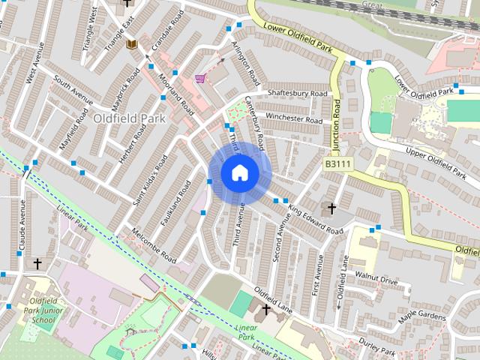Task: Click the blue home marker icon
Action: point(239,173)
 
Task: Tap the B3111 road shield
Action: point(340,163)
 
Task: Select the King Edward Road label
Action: point(315,220)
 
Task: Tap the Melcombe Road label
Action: point(153,247)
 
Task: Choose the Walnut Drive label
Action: point(378,280)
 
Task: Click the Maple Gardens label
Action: point(422,315)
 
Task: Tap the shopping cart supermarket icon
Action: point(200,78)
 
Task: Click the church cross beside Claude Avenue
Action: point(37,264)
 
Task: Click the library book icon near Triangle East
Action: point(133,46)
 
